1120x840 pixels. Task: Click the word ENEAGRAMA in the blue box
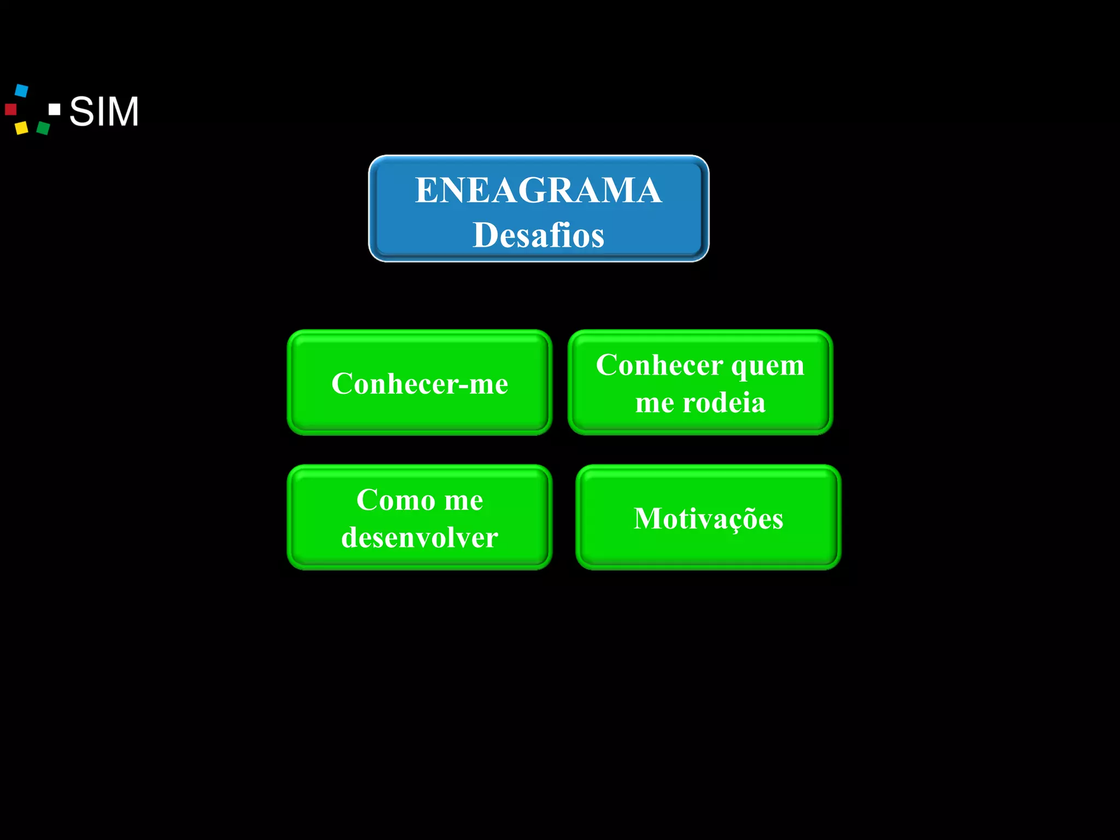pyautogui.click(x=538, y=190)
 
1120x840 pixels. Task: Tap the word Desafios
pyautogui.click(x=538, y=235)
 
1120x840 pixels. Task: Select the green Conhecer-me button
pyautogui.click(x=419, y=383)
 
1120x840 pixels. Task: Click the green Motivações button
pyautogui.click(x=708, y=518)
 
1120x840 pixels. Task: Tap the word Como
pyautogui.click(x=396, y=500)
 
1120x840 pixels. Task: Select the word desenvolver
pyautogui.click(x=419, y=537)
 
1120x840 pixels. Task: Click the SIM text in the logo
pyautogui.click(x=104, y=112)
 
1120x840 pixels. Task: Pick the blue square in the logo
pyautogui.click(x=21, y=90)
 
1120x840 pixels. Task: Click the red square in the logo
pyautogui.click(x=10, y=109)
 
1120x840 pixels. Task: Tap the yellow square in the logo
pyautogui.click(x=21, y=128)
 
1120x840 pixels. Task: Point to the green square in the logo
pyautogui.click(x=43, y=128)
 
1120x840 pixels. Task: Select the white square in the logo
pyautogui.click(x=54, y=109)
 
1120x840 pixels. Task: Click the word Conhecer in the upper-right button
pyautogui.click(x=659, y=365)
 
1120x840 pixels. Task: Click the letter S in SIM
pyautogui.click(x=81, y=112)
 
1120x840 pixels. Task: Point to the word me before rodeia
pyautogui.click(x=655, y=404)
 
